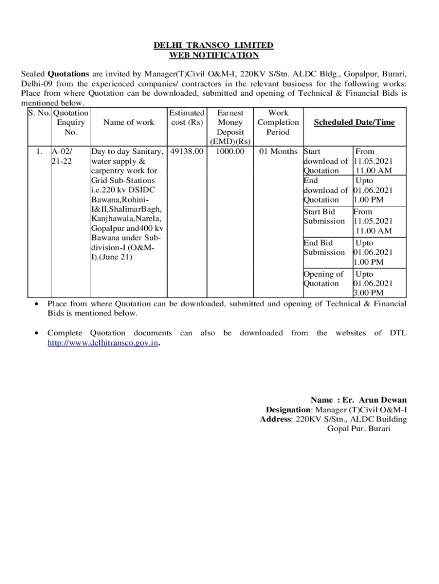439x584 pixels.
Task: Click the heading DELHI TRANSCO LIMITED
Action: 214,45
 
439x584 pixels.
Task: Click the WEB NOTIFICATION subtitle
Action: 214,55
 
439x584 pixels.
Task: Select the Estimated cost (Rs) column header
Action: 187,117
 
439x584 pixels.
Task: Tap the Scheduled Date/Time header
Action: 354,123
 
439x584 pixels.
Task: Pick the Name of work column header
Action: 128,123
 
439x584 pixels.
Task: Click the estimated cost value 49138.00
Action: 187,152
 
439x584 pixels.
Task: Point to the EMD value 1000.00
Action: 230,152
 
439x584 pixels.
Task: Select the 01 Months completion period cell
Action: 278,152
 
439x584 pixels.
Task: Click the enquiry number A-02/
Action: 62,152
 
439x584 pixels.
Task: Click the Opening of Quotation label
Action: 323,279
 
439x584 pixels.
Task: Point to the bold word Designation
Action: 287,409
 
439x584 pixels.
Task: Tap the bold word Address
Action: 275,419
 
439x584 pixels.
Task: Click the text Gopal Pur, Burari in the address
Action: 359,429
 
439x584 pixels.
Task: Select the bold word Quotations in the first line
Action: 68,74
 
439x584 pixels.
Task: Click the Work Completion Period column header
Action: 278,123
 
